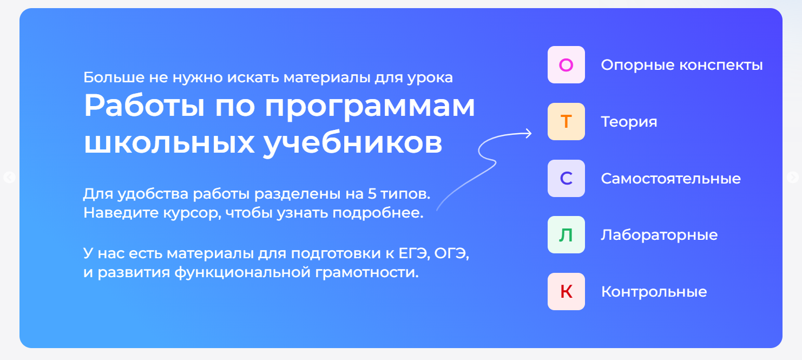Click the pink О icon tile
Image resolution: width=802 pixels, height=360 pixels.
pos(566,65)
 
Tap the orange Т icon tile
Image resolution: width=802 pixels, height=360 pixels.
pos(566,121)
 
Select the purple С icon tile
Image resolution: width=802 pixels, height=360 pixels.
pos(566,179)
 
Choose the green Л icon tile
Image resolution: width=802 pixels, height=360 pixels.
pos(566,234)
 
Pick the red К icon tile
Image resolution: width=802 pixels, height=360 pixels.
pos(566,292)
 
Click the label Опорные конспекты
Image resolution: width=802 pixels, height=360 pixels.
pos(682,65)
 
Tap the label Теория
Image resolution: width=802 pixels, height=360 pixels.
pos(629,122)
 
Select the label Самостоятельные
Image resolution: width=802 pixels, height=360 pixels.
pos(671,179)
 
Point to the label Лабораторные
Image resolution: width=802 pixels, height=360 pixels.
pos(659,235)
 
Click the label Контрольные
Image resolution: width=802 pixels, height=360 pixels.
pos(654,292)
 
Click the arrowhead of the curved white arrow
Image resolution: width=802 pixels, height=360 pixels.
pos(529,134)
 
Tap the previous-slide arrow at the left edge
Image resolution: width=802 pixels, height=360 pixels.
pos(9,178)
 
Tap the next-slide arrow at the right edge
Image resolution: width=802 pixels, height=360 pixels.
pos(793,178)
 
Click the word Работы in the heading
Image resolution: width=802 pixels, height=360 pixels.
pos(144,106)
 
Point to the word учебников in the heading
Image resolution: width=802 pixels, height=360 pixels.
pos(353,143)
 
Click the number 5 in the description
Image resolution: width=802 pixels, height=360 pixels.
pos(372,194)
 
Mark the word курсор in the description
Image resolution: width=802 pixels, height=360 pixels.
pos(193,213)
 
